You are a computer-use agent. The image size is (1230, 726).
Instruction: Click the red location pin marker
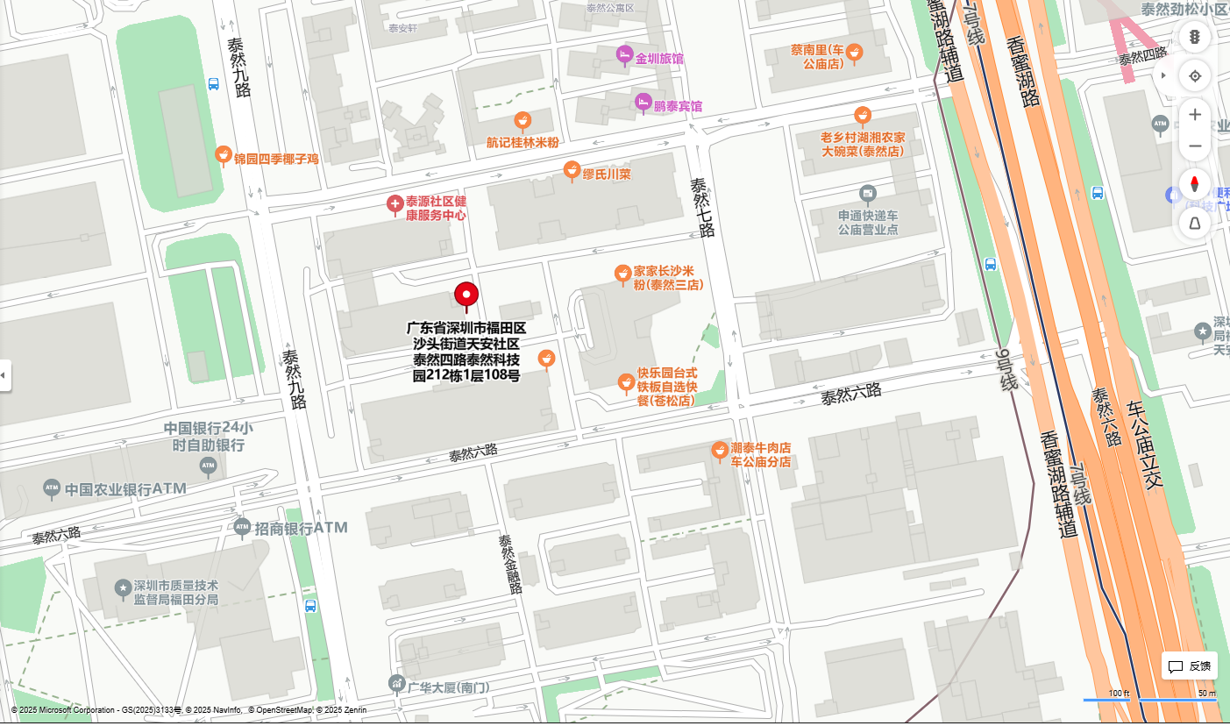point(466,296)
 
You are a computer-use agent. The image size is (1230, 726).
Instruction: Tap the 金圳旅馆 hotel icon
point(624,55)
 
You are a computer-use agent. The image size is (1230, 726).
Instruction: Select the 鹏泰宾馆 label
point(679,106)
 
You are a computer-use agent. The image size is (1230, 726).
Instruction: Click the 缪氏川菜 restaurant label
point(607,174)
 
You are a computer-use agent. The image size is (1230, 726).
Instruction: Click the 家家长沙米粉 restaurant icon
point(622,274)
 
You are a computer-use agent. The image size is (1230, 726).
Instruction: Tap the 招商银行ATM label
point(301,528)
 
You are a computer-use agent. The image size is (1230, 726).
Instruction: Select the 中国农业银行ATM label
point(125,488)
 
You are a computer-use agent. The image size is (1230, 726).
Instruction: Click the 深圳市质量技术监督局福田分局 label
point(175,593)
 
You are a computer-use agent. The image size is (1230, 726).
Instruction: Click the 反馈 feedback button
point(1190,666)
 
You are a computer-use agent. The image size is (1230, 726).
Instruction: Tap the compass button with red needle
point(1194,185)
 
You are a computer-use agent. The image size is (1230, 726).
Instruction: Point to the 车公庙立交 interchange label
point(1155,445)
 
